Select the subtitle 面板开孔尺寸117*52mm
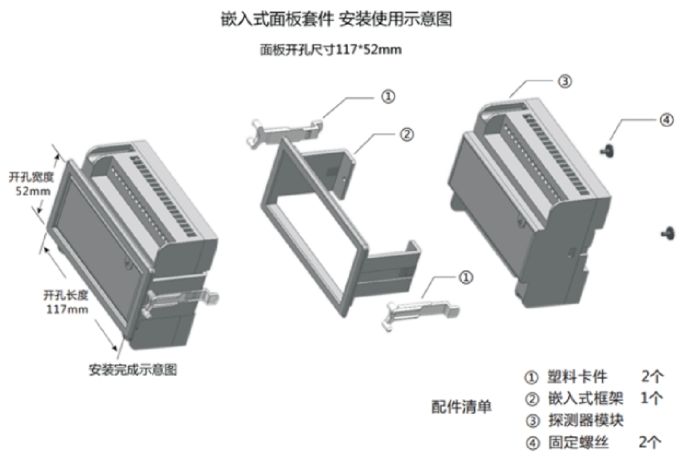click(x=330, y=50)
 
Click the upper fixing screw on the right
click(x=608, y=149)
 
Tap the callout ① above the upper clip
click(x=388, y=97)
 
